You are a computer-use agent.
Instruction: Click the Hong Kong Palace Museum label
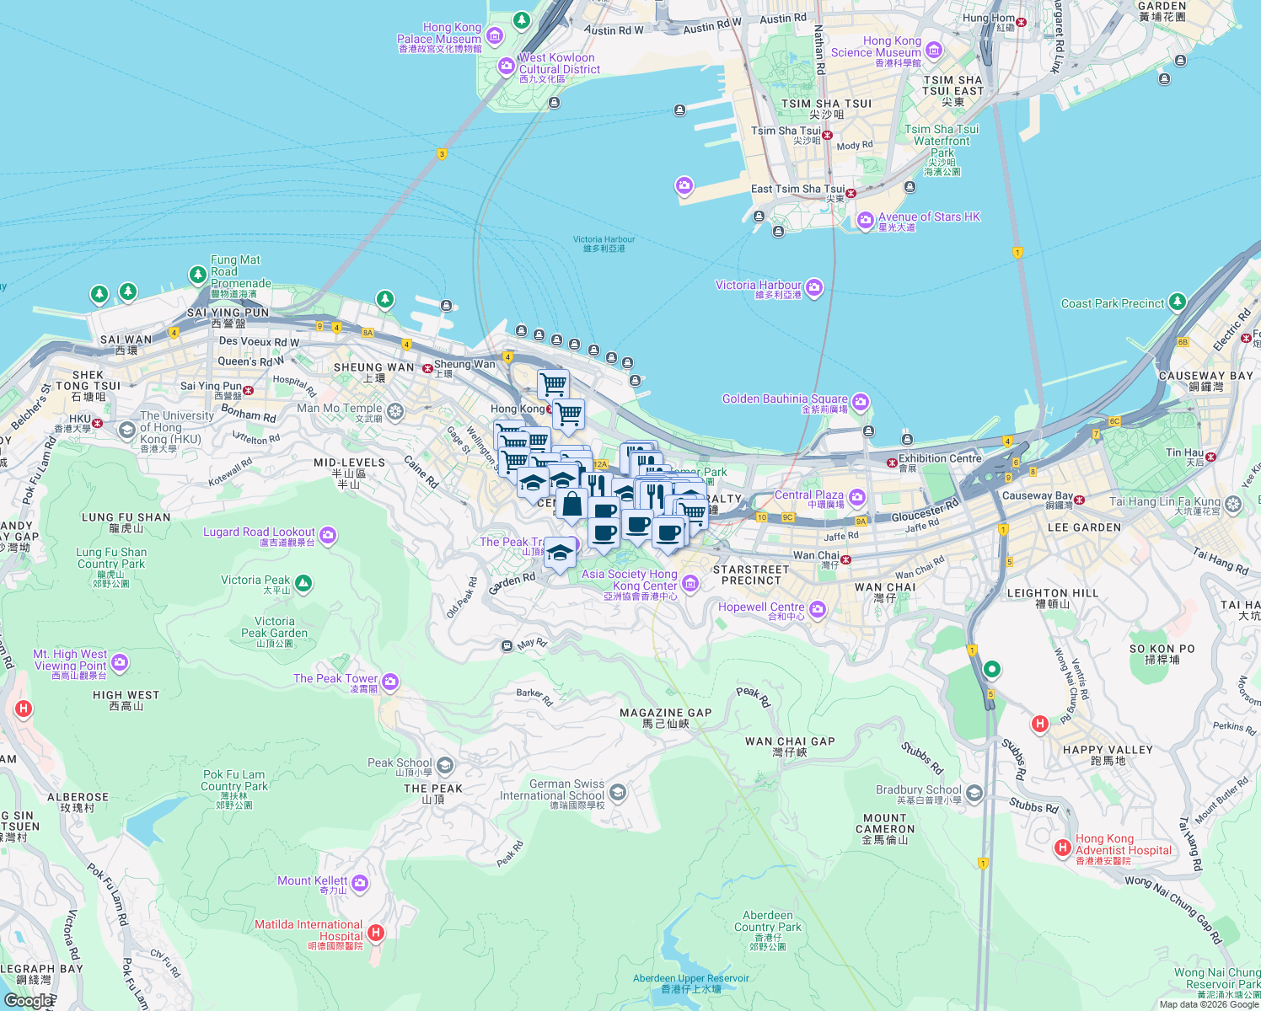(439, 38)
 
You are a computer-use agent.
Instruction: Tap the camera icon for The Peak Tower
(390, 681)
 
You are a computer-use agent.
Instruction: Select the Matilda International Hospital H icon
(376, 933)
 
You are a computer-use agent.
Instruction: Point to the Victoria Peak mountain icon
(303, 583)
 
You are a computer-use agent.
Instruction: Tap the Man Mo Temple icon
(395, 411)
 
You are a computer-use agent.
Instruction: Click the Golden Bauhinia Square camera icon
(861, 402)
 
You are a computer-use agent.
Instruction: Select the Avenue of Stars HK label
(929, 217)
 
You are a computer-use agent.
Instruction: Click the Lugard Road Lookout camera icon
(328, 535)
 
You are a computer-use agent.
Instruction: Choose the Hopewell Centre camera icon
(817, 609)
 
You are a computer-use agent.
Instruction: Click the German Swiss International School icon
(618, 792)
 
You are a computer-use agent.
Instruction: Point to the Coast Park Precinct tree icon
(1178, 302)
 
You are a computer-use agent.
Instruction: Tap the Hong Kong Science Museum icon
(933, 51)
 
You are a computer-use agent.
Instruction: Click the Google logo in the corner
(28, 1000)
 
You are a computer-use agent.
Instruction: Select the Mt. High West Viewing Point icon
(120, 662)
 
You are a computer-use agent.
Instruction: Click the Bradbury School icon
(974, 793)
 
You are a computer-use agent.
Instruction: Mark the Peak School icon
(445, 765)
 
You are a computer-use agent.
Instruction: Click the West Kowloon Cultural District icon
(507, 66)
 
